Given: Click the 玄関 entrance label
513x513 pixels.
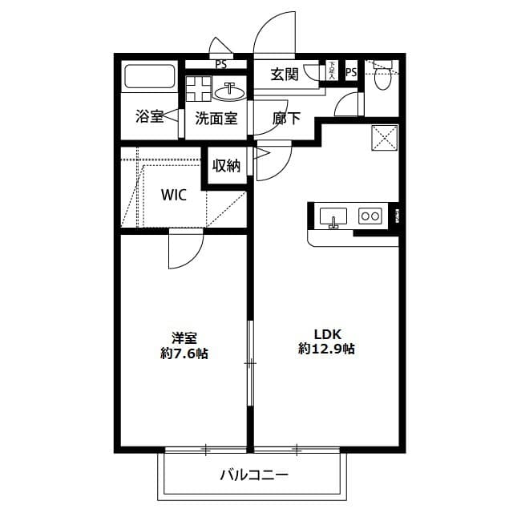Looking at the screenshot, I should tap(285, 75).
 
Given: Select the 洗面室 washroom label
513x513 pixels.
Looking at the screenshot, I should tap(216, 119).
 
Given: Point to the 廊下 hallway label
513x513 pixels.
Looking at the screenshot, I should tap(286, 119).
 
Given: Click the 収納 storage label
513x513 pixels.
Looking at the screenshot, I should tap(226, 166).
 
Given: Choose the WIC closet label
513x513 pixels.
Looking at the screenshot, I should tap(174, 195).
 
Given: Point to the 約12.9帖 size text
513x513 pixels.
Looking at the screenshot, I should tap(327, 349).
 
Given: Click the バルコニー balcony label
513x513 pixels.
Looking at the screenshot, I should tap(254, 475).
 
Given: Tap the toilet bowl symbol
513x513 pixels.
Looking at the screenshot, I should tap(382, 77).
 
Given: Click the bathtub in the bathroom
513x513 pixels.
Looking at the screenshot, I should tap(150, 79).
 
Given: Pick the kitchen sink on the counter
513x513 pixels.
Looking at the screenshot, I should tap(333, 216).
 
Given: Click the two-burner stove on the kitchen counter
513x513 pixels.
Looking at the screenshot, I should tap(370, 216).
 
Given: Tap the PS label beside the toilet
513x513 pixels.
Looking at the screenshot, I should tap(351, 73).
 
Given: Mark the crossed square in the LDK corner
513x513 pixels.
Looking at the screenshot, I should tap(386, 138).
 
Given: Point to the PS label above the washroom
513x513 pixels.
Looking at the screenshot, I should tap(220, 64).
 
